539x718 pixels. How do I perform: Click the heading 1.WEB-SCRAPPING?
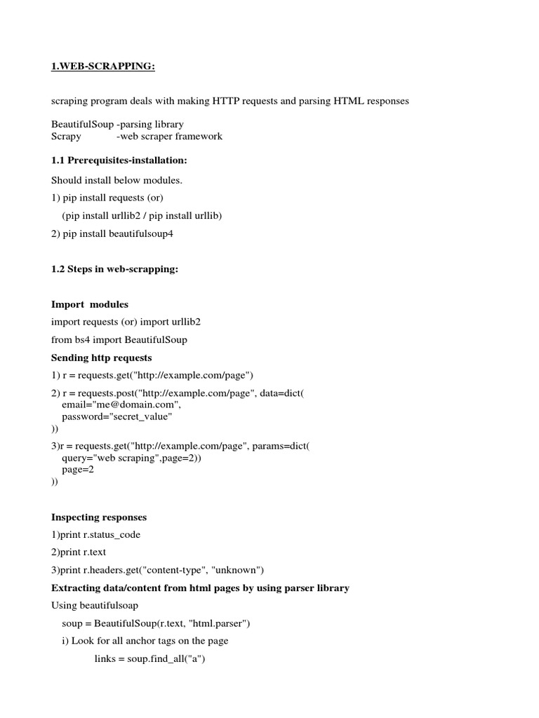pos(102,67)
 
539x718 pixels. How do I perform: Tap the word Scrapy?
pos(66,136)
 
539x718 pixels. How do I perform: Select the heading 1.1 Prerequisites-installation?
pos(119,161)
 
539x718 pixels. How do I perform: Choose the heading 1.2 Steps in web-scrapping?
pos(115,269)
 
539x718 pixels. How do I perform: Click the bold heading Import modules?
pos(90,304)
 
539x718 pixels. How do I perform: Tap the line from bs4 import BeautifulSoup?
pos(119,339)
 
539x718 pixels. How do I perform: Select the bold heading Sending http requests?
pos(101,358)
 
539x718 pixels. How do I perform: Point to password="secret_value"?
pos(117,416)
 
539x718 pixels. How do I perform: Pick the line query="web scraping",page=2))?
pos(131,458)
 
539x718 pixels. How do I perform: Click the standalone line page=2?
pos(78,470)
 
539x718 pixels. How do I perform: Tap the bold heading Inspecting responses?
pos(99,517)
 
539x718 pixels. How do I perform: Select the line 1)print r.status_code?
pos(95,535)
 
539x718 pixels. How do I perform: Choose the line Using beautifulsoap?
pos(95,604)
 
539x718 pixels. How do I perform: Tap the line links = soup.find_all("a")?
pos(149,658)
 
